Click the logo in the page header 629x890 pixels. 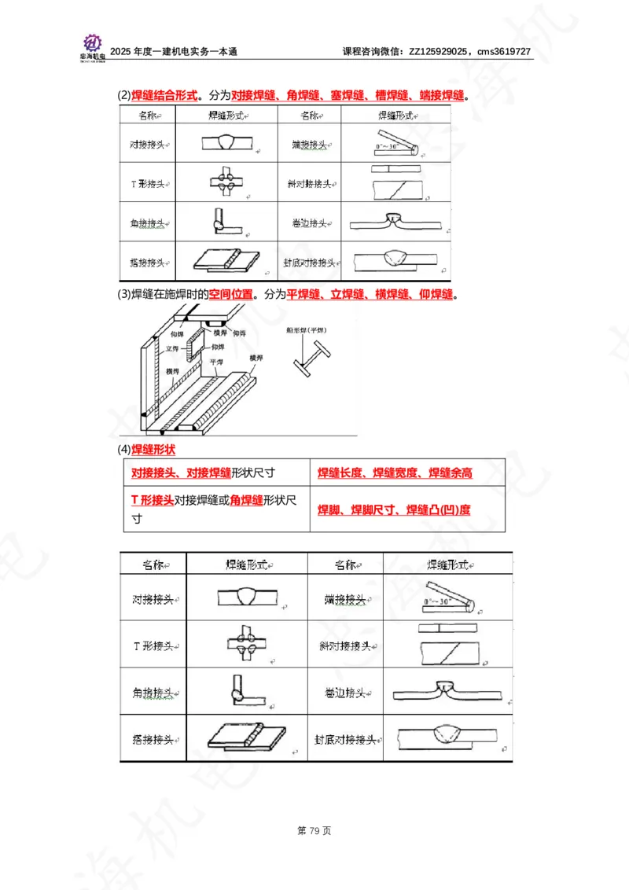tap(92, 44)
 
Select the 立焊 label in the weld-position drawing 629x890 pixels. tap(172, 348)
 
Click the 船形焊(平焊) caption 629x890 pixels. tap(307, 331)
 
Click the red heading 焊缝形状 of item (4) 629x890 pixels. tap(153, 450)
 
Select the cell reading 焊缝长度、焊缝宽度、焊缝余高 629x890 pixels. tap(395, 473)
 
